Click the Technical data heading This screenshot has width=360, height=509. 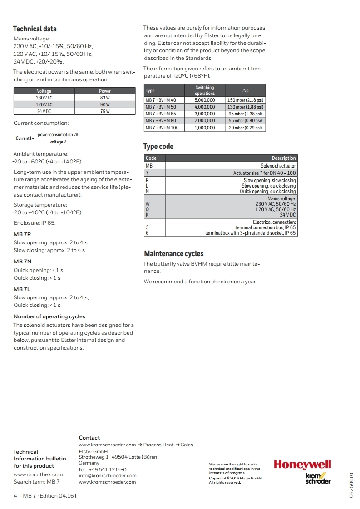coord(35,29)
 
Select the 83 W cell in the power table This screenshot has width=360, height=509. coord(105,98)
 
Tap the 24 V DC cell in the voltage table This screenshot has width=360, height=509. coord(44,111)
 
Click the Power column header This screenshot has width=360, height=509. coord(105,91)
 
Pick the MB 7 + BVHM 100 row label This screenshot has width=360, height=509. coord(162,128)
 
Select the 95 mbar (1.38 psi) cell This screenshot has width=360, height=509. coord(245,114)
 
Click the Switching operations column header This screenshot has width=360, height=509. coord(205,90)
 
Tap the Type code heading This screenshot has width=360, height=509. coord(158,147)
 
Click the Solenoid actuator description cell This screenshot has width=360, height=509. coord(278,166)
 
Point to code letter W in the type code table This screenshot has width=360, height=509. coord(147,204)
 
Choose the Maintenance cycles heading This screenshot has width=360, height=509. coord(174,254)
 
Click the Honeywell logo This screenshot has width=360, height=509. coord(302,465)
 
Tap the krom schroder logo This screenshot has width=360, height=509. coord(318,478)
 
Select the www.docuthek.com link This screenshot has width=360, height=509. coord(39,474)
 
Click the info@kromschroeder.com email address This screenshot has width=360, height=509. coord(108,476)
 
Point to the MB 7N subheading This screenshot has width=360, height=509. coord(22,262)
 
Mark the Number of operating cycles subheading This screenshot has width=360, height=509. coord(49,316)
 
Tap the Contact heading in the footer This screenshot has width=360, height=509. coord(89,438)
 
